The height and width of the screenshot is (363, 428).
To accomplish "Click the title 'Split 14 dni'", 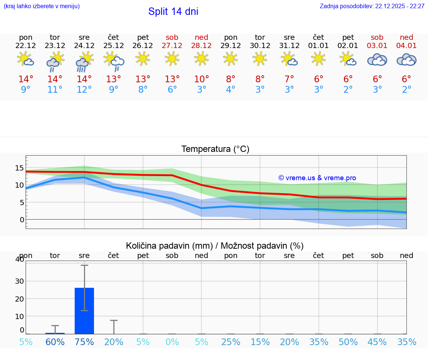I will tap(173, 12).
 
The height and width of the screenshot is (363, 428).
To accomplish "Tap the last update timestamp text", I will tap(372, 6).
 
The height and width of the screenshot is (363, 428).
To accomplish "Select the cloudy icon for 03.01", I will tap(377, 60).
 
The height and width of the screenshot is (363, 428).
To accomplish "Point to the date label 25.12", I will tap(113, 46).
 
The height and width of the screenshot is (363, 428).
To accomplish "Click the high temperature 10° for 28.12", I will tap(201, 79).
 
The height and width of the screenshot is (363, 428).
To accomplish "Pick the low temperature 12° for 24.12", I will tap(84, 90).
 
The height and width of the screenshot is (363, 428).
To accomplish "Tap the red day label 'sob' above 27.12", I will tap(172, 37).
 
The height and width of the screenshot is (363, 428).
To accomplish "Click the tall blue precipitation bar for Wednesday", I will tap(84, 311).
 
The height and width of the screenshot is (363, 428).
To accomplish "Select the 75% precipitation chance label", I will tap(84, 342).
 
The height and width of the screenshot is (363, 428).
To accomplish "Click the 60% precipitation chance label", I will tap(55, 342).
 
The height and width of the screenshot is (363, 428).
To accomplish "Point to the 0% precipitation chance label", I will tap(172, 342).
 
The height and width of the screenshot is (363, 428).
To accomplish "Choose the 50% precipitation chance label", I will tap(348, 342).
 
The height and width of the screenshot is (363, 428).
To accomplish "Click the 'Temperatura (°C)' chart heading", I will tap(215, 149).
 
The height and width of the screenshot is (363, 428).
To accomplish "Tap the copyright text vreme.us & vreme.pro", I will tap(317, 178).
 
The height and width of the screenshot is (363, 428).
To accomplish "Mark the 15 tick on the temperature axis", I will tap(19, 168).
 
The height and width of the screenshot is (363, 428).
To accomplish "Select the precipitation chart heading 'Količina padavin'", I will tap(215, 246).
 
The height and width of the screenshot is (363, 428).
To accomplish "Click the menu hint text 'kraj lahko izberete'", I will tap(42, 6).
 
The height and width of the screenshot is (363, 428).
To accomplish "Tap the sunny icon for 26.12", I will tap(143, 58).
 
